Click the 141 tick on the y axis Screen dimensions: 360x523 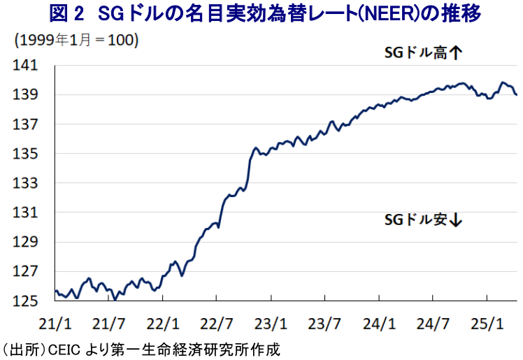[26, 66]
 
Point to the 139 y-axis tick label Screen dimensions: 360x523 [26, 95]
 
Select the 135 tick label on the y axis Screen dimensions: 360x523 [26, 154]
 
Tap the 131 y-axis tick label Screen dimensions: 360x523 [26, 213]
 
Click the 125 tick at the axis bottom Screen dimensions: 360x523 [26, 301]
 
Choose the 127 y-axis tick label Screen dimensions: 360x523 [26, 272]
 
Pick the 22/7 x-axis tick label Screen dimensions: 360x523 [216, 324]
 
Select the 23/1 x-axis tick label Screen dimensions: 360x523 [270, 324]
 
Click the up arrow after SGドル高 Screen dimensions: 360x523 [457, 52]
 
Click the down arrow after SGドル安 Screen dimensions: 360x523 [457, 220]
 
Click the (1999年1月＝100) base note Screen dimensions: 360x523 [76, 40]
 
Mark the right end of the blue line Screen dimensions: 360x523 [517, 94]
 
